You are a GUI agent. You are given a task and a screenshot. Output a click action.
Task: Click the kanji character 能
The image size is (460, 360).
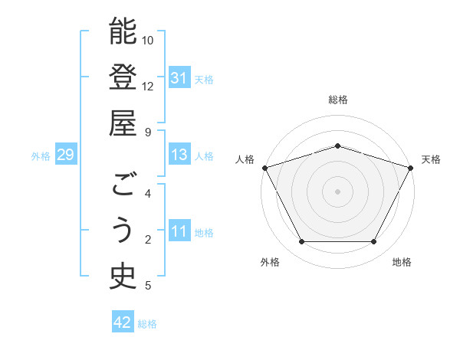pyautogui.click(x=123, y=31)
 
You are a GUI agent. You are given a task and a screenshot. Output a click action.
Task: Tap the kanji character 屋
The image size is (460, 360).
pyautogui.click(x=123, y=123)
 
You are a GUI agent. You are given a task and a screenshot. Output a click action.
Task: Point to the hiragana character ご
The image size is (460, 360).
pyautogui.click(x=123, y=185)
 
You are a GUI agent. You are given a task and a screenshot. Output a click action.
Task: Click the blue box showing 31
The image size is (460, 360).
pyautogui.click(x=179, y=78)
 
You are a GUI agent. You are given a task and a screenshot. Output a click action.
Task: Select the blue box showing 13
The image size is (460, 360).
pyautogui.click(x=179, y=155)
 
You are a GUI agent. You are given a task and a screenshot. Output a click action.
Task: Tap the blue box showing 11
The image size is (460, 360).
pyautogui.click(x=179, y=232)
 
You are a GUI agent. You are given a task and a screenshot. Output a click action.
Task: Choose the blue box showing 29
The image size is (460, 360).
pyautogui.click(x=65, y=155)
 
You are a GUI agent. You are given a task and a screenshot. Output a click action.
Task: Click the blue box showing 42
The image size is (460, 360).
pyautogui.click(x=123, y=323)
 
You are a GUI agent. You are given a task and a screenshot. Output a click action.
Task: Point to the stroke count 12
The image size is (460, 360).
pyautogui.click(x=148, y=86)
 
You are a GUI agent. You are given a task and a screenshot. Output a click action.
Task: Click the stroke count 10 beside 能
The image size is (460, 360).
pyautogui.click(x=148, y=40)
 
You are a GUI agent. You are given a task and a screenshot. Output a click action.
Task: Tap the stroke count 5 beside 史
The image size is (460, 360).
pyautogui.click(x=148, y=286)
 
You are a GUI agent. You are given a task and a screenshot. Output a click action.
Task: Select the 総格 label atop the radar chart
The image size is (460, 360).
pyautogui.click(x=337, y=100)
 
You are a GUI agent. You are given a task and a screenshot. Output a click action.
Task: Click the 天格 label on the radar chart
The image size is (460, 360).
pyautogui.click(x=431, y=159)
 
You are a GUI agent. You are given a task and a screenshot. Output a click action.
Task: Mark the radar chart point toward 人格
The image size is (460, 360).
pyautogui.click(x=264, y=167)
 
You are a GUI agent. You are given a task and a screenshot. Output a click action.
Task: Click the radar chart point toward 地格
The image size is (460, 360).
pyautogui.click(x=373, y=242)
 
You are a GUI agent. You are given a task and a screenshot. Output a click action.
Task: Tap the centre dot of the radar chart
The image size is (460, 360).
pyautogui.click(x=337, y=191)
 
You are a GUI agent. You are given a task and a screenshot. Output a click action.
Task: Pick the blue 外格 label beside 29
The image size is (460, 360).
pyautogui.click(x=41, y=156)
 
